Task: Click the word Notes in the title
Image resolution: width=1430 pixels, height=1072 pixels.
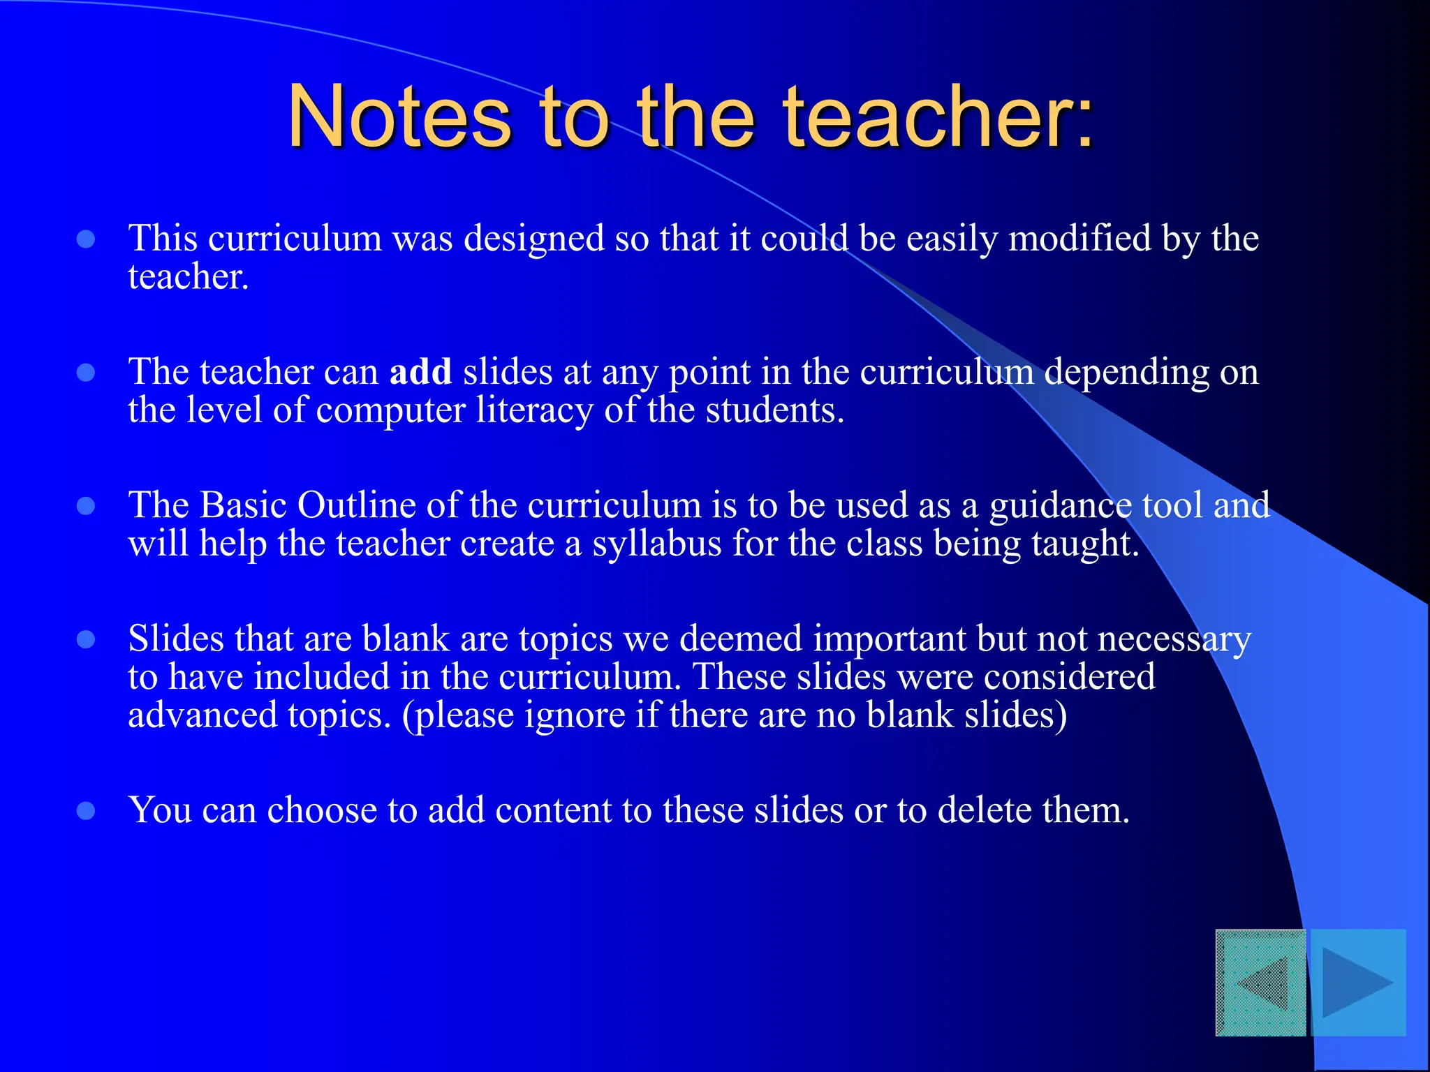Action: click(399, 117)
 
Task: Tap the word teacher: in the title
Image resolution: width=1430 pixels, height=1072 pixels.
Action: click(938, 117)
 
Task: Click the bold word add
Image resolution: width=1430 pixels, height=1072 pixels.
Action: click(420, 371)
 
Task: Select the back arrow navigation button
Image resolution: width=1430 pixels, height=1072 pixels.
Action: click(1261, 983)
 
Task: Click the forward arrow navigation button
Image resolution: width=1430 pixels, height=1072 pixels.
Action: click(1358, 983)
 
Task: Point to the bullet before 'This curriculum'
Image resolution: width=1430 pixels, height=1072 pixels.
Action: click(86, 240)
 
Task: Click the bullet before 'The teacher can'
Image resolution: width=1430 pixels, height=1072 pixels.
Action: click(86, 373)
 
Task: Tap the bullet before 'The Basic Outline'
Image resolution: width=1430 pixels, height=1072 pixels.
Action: click(86, 506)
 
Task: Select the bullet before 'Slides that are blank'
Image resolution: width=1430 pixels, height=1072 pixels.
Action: click(86, 640)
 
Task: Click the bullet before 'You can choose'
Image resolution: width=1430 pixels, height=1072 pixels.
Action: click(86, 811)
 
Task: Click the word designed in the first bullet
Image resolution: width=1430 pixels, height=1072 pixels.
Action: click(534, 239)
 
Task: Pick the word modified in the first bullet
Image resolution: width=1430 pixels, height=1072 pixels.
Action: click(1080, 239)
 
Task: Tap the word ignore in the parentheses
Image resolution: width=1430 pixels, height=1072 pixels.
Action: click(574, 715)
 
